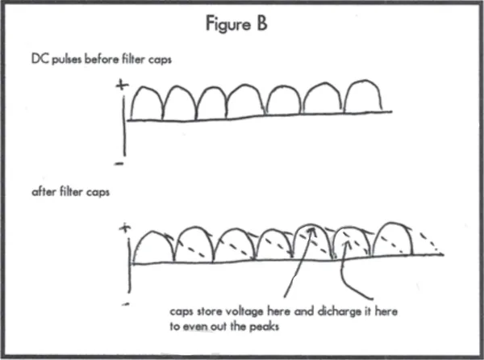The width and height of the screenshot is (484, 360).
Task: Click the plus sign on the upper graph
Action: click(122, 86)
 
